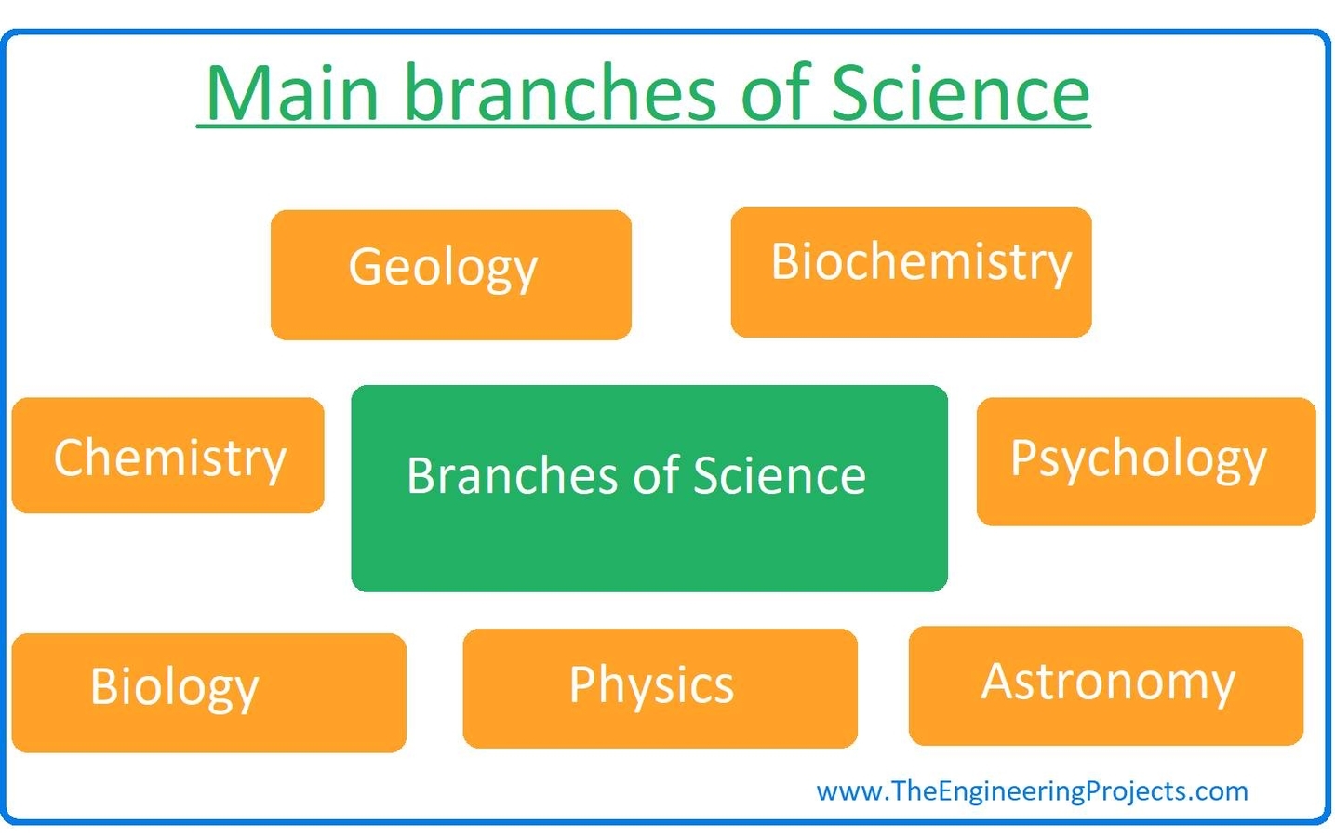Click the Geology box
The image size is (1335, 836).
450,275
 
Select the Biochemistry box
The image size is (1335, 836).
911,272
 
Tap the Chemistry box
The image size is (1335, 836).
167,456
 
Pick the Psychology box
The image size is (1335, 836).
1145,462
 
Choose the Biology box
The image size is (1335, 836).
208,693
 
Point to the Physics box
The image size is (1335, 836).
660,688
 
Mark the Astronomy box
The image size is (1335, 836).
1105,685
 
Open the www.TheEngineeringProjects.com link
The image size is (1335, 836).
1032,791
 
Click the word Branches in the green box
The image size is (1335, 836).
514,476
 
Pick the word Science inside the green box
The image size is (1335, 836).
779,476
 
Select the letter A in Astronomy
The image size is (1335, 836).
999,681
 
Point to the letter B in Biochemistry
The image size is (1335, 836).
786,261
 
